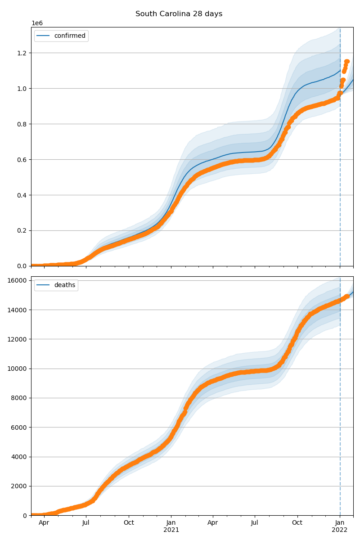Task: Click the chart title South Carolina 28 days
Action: [x=179, y=14]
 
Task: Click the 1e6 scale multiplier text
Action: [x=37, y=23]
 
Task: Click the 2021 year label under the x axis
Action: [x=171, y=530]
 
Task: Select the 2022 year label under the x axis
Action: [x=340, y=530]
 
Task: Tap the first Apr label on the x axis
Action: [x=44, y=523]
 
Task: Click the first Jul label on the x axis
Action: [x=86, y=523]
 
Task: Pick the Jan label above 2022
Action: [x=340, y=523]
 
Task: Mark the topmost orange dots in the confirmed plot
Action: [x=347, y=62]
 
